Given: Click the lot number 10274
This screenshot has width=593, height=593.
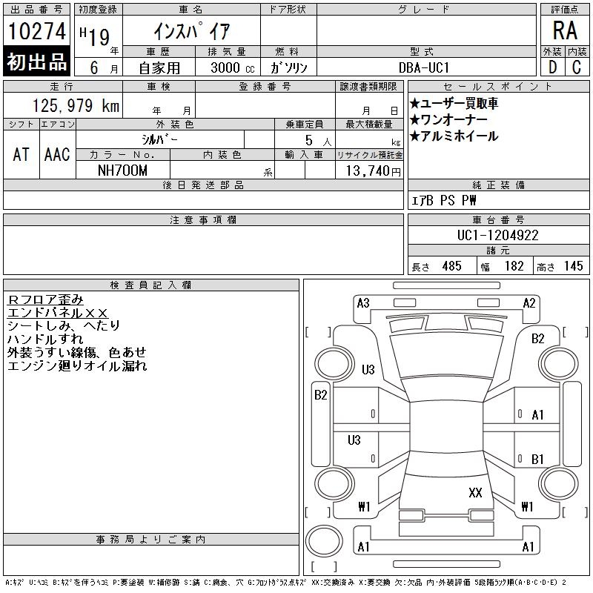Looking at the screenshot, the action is coord(36,30).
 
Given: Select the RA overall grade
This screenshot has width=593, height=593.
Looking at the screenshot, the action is coord(565,30).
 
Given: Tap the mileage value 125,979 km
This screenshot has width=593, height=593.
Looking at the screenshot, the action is coord(76,105).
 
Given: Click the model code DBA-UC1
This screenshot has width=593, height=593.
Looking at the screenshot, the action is coord(424,67).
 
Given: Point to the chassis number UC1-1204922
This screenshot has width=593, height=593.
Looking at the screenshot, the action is coord(497,235).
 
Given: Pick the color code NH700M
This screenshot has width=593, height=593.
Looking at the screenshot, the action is coord(122,170).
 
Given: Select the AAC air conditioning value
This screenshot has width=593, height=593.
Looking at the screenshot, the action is coord(57,154).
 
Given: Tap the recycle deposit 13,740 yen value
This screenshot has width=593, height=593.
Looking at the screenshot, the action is coord(374,171).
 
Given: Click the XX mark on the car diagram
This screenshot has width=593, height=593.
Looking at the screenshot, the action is coord(475,492).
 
